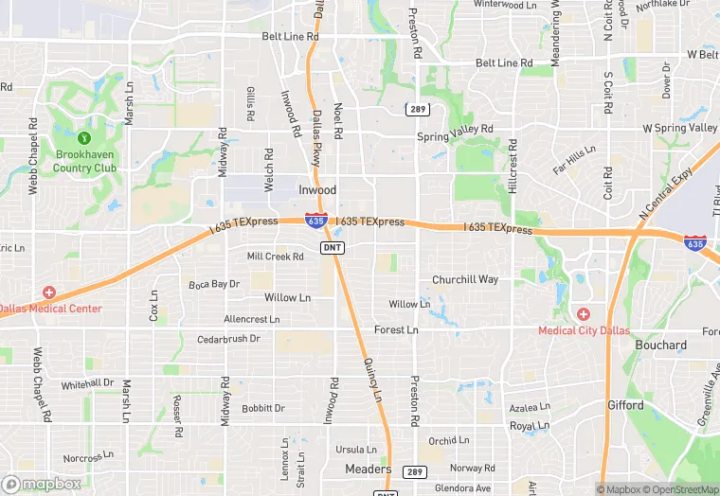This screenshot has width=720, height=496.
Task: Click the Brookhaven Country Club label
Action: click(85, 161)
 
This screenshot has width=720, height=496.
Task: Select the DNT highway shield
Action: click(332, 247)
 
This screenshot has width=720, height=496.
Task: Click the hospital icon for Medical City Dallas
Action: click(584, 314)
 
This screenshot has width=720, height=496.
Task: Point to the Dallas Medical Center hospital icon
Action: click(48, 292)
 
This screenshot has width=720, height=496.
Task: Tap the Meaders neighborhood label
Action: click(368, 469)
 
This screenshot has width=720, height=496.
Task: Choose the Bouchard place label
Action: click(660, 345)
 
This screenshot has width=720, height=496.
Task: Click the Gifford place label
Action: click(625, 405)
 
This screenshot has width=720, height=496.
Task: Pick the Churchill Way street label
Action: click(464, 280)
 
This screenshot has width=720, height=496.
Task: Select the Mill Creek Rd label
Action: click(275, 257)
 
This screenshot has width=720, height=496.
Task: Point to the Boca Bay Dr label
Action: click(213, 284)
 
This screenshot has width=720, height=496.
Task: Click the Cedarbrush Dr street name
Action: click(228, 339)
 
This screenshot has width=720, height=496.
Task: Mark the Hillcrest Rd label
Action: click(513, 165)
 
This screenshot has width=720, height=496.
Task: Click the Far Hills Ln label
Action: click(574, 160)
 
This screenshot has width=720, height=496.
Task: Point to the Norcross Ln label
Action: click(89, 458)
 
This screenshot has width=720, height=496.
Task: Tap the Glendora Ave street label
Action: click(459, 488)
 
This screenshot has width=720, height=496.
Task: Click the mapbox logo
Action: click(42, 484)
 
